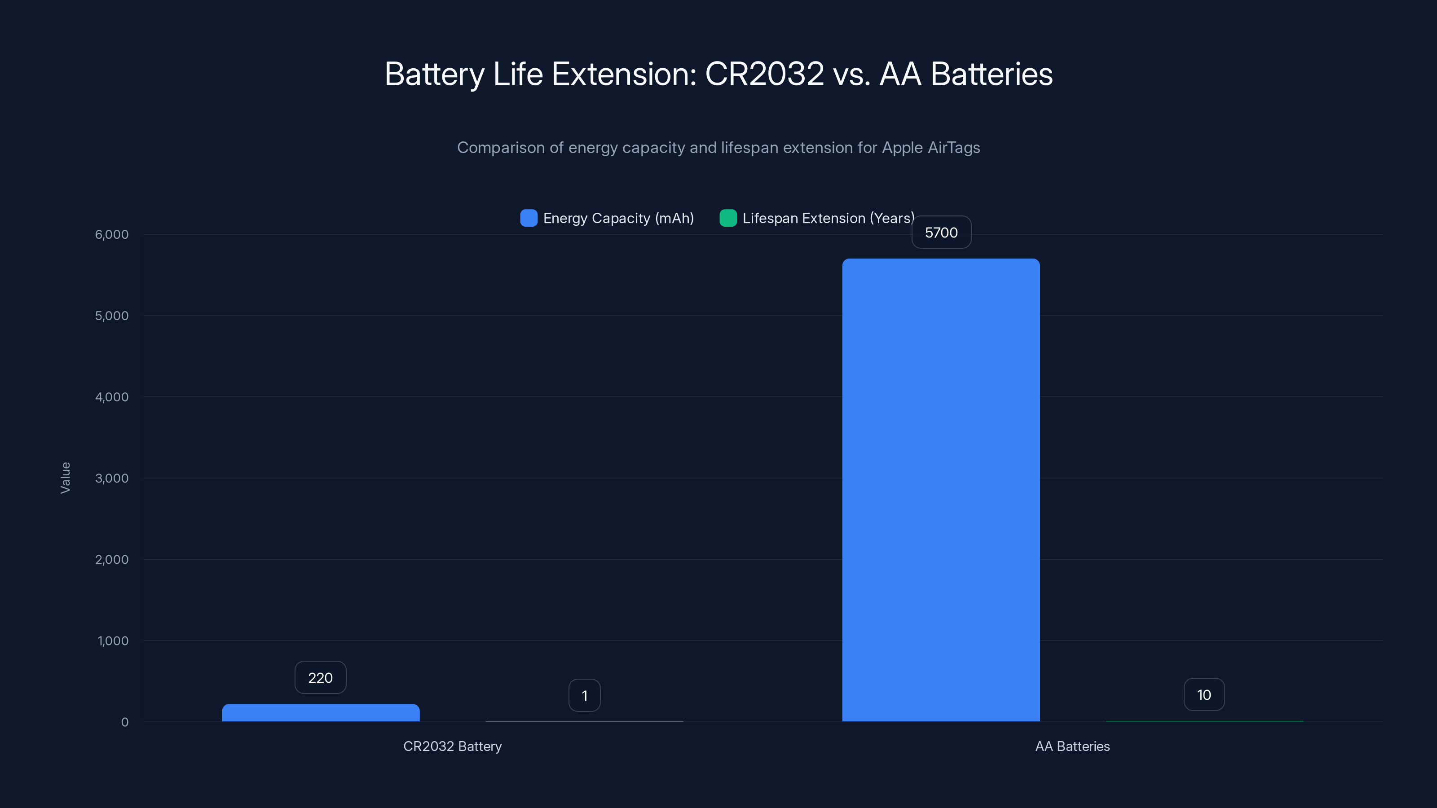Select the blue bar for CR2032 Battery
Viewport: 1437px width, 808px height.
[321, 713]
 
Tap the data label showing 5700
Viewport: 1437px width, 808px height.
[941, 233]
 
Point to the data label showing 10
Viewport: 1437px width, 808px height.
[1204, 695]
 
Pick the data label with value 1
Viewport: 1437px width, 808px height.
[584, 695]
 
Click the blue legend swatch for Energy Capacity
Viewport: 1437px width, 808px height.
[528, 218]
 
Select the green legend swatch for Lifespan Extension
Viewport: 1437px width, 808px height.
[728, 218]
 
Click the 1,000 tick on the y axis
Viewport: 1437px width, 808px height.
[113, 641]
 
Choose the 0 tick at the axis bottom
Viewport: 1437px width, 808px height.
[124, 722]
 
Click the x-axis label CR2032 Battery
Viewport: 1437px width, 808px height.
[452, 746]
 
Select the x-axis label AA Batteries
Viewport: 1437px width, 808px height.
[1072, 746]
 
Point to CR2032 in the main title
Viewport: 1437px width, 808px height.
[764, 74]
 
